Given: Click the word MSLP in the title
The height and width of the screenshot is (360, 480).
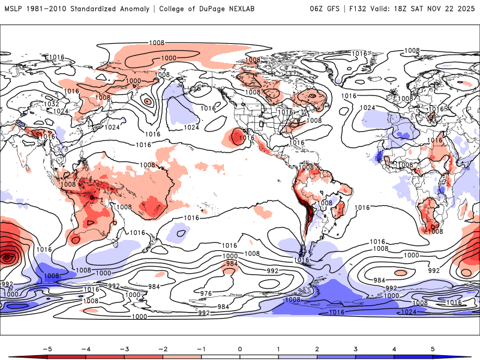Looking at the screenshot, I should click(13, 9).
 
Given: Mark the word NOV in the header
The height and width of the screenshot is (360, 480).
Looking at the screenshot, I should click(444, 9).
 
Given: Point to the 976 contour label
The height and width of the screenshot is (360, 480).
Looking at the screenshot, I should click(206, 293).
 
